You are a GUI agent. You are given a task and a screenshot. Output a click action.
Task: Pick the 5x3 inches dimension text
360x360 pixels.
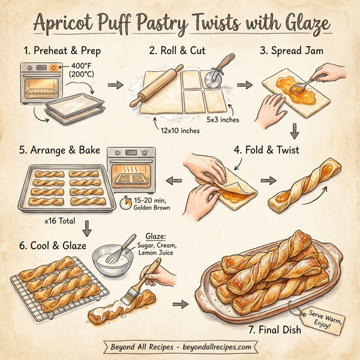(223, 119)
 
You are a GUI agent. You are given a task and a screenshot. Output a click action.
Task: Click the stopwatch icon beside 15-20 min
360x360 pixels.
(125, 202)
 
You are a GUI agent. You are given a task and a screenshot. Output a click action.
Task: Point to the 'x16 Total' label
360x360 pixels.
(60, 221)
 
